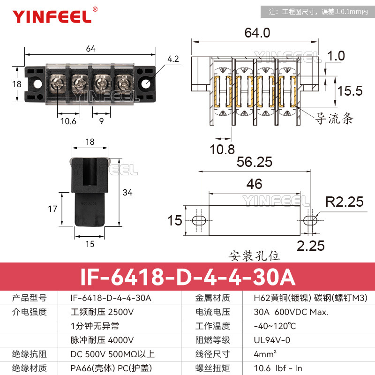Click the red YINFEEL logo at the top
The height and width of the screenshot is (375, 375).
coord(52,16)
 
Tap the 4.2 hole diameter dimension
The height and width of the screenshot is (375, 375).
coord(173,59)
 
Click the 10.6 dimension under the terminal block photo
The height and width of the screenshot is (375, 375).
coord(68,121)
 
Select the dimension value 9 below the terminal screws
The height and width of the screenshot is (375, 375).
coord(102,121)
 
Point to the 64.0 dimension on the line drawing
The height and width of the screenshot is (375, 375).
coord(257,33)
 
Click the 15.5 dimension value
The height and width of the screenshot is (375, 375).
coord(351,90)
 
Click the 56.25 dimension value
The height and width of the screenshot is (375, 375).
coord(255,162)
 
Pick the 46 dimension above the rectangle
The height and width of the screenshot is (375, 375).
coord(254,184)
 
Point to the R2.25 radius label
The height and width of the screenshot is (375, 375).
coord(345,202)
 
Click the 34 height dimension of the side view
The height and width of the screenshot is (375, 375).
coord(127,192)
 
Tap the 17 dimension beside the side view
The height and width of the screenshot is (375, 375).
coord(52,209)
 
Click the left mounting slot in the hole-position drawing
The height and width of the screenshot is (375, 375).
coord(199,220)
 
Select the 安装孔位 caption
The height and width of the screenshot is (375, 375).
coord(255,256)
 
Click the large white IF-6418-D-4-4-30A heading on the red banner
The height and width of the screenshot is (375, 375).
coord(187,277)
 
